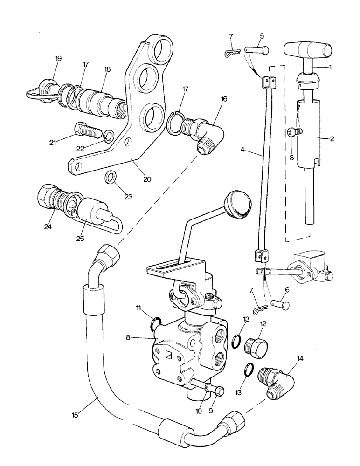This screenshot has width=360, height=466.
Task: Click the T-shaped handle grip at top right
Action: [307, 49]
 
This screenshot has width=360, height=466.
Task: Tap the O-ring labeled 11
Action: [156, 322]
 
